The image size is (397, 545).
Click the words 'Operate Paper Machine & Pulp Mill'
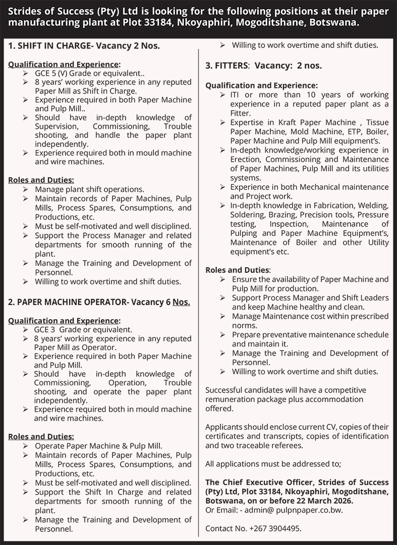(98, 446)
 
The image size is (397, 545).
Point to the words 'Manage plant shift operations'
(89, 189)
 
